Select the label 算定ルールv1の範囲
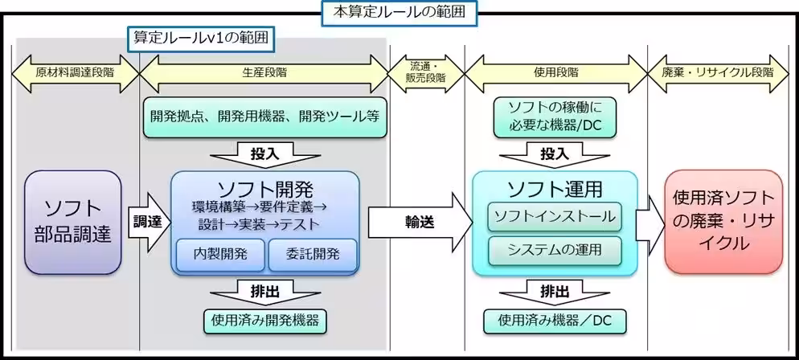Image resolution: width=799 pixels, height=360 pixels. [199, 38]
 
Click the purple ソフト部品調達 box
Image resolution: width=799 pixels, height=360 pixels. [73, 221]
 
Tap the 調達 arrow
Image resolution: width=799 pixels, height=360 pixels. [147, 221]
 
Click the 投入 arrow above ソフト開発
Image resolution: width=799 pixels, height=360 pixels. [264, 153]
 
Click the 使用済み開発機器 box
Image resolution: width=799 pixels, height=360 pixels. [264, 321]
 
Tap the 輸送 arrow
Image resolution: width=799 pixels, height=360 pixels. [418, 222]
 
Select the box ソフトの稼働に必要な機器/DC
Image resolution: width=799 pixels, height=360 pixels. [555, 115]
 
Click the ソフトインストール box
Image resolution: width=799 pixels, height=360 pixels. [555, 216]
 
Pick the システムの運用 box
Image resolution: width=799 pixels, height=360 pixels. [555, 250]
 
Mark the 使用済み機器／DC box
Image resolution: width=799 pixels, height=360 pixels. [555, 321]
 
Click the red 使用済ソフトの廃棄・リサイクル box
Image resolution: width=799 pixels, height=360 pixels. [723, 221]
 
